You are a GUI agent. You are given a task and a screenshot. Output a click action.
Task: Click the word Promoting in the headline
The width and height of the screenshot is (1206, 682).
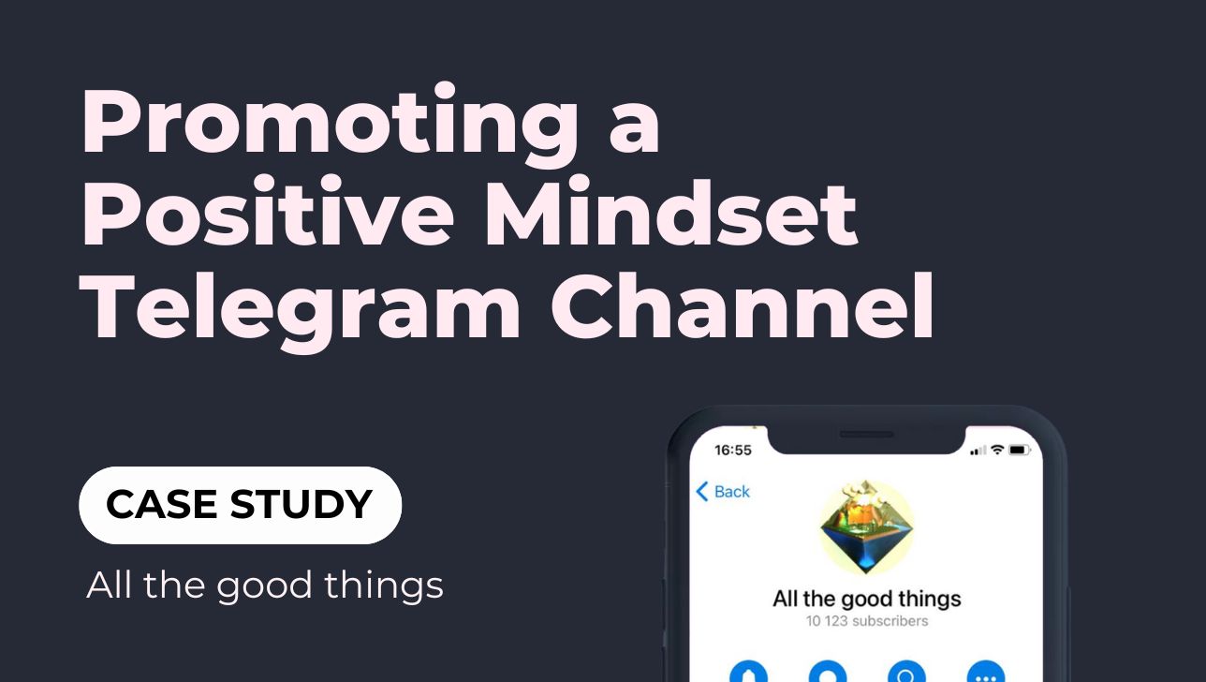click(330, 125)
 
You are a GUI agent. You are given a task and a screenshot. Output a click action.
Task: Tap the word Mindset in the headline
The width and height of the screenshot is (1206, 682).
click(670, 211)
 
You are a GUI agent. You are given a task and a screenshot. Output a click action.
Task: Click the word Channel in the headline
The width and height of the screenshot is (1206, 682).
click(743, 304)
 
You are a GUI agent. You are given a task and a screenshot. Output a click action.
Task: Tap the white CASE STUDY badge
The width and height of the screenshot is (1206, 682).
click(240, 505)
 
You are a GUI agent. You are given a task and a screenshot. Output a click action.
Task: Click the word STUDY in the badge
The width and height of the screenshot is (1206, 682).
click(301, 504)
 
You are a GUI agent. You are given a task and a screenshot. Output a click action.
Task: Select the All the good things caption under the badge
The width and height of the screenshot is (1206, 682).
click(265, 586)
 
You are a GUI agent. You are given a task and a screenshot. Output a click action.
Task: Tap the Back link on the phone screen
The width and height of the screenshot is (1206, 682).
click(723, 491)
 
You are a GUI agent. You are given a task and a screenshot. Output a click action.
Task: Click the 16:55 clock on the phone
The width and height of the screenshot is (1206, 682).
click(733, 450)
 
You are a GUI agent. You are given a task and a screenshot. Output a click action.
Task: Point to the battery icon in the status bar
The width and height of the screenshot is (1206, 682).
click(1019, 450)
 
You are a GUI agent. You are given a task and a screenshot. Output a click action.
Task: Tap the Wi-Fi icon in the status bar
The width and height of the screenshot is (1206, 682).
click(997, 450)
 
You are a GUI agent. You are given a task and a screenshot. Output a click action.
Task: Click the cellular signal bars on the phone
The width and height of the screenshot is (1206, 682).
click(978, 451)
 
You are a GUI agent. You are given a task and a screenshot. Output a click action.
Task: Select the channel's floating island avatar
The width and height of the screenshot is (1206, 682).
click(866, 527)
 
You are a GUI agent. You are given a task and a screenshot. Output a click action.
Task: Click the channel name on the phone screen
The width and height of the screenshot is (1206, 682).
click(867, 599)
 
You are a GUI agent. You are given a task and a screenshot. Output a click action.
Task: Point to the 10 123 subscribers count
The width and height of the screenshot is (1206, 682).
click(867, 621)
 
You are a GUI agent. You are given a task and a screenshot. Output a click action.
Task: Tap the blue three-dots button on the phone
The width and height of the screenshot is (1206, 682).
click(986, 672)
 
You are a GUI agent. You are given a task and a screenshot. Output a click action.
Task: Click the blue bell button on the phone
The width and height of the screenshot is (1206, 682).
click(748, 672)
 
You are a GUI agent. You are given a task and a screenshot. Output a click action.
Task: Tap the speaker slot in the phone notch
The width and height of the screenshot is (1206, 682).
click(867, 434)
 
